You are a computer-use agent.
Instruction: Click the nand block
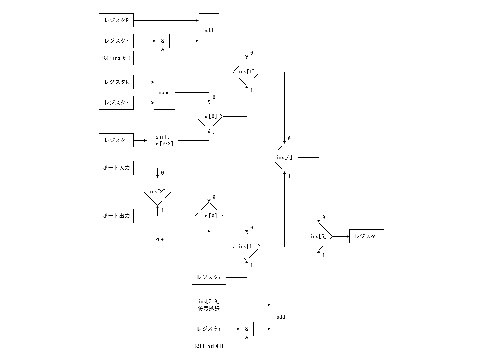click(164, 92)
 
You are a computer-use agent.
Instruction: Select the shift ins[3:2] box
click(163, 140)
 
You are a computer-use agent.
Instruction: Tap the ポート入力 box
click(116, 168)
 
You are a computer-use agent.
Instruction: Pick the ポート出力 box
click(116, 216)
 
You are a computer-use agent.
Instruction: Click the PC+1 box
click(161, 240)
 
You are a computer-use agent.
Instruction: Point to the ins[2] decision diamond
click(157, 192)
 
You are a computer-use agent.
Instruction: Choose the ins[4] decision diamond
click(284, 157)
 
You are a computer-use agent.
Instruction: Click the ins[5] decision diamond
click(319, 236)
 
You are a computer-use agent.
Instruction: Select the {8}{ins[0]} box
click(116, 58)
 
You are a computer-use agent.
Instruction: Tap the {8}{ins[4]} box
click(209, 346)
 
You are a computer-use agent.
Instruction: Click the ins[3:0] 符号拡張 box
click(209, 305)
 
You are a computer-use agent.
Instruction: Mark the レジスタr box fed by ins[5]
click(367, 236)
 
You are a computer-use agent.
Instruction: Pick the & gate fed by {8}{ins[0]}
click(163, 41)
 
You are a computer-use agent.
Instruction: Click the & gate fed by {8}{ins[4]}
click(247, 329)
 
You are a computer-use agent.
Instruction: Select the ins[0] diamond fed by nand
click(209, 116)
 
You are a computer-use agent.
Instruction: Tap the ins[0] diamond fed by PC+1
click(209, 216)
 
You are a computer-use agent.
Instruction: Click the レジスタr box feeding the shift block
click(116, 140)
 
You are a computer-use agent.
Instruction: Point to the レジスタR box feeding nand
click(116, 82)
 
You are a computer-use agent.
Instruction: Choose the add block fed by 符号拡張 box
click(281, 317)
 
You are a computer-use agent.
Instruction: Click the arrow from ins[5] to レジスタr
click(341, 236)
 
